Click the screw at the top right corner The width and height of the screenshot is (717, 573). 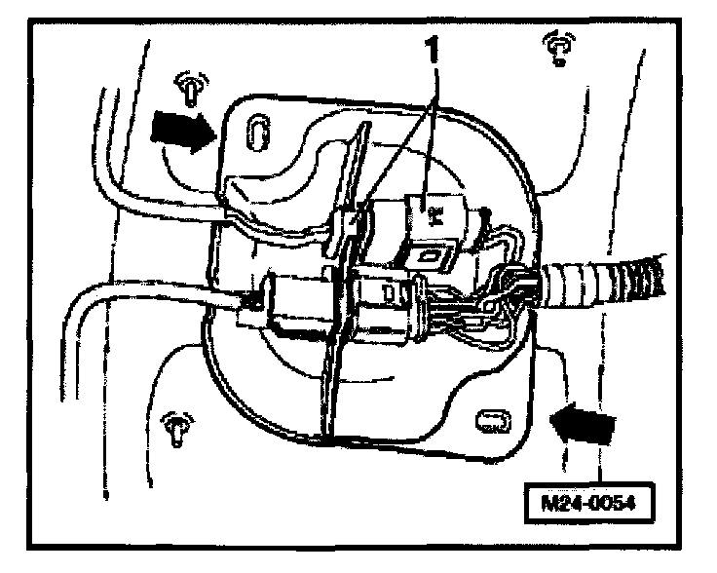(x=558, y=46)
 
